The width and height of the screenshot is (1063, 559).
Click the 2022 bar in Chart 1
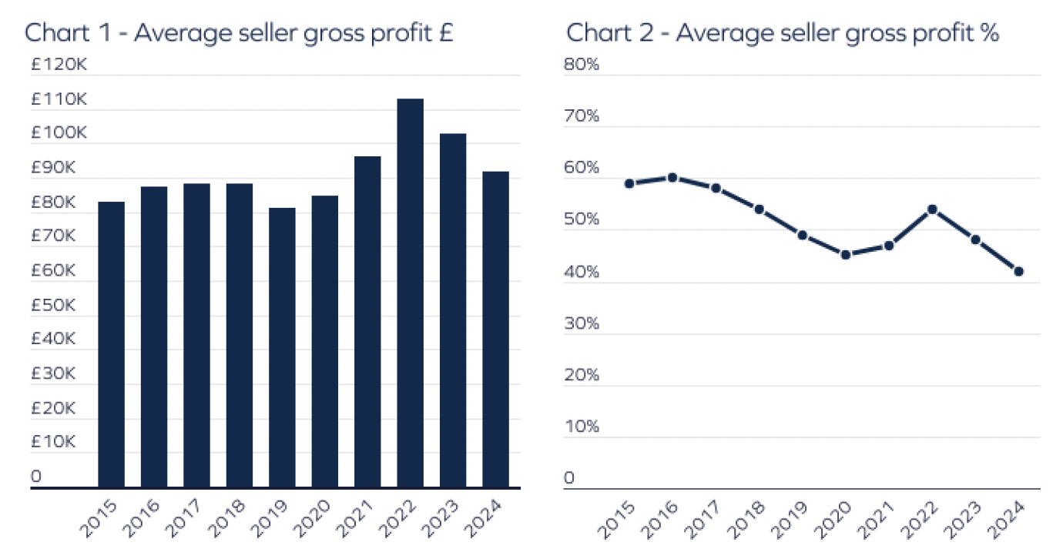pyautogui.click(x=410, y=293)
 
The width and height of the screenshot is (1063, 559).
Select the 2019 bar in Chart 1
pyautogui.click(x=282, y=347)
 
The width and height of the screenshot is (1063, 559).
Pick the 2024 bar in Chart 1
pyautogui.click(x=495, y=329)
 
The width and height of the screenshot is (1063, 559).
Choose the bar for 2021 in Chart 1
pyautogui.click(x=367, y=321)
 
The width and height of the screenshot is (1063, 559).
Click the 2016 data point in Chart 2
pyautogui.click(x=672, y=177)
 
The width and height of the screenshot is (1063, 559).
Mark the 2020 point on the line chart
pyautogui.click(x=845, y=255)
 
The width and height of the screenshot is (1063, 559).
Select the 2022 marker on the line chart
pyautogui.click(x=932, y=209)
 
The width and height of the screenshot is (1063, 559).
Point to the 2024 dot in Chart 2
pyautogui.click(x=1018, y=271)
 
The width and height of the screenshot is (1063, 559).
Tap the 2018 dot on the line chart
pyautogui.click(x=759, y=209)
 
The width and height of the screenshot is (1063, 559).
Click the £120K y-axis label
pyautogui.click(x=59, y=65)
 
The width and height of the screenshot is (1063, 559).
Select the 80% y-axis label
pyautogui.click(x=582, y=65)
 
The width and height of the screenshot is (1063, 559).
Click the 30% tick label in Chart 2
pyautogui.click(x=582, y=323)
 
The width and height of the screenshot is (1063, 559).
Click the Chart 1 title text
pyautogui.click(x=238, y=34)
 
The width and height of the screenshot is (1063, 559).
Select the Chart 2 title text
pyautogui.click(x=783, y=34)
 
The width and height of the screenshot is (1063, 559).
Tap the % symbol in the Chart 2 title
pyautogui.click(x=990, y=34)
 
